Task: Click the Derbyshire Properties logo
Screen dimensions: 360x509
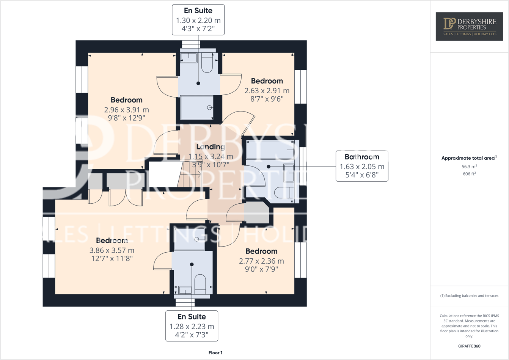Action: point(469,26)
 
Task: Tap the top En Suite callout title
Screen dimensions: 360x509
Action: point(198,11)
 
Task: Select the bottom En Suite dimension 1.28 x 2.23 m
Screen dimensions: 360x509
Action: point(192,327)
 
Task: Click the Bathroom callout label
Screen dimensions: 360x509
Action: point(362,157)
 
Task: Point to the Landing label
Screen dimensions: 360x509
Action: point(211,147)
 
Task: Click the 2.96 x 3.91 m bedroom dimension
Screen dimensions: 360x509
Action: point(126,110)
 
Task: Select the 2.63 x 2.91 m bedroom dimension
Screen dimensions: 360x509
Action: point(267,91)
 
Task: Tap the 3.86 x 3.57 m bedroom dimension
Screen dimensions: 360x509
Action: point(112,250)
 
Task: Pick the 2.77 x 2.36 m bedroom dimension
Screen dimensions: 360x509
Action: point(261,261)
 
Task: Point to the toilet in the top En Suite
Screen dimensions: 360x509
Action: point(207,63)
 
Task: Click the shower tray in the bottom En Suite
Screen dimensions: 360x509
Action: point(189,239)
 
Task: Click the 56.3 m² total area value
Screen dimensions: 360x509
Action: point(469,167)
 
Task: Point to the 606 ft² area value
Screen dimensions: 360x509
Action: point(469,174)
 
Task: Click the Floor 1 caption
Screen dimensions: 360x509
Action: point(215,353)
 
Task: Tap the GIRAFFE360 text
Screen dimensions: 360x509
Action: point(469,346)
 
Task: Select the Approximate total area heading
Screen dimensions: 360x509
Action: point(469,158)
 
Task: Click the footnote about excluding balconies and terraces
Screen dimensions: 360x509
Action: point(469,296)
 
